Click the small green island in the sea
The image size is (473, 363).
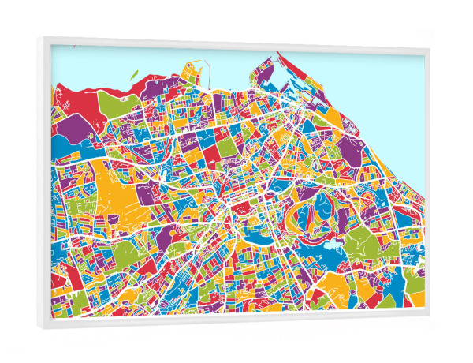133,76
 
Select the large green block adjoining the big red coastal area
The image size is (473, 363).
110,101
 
